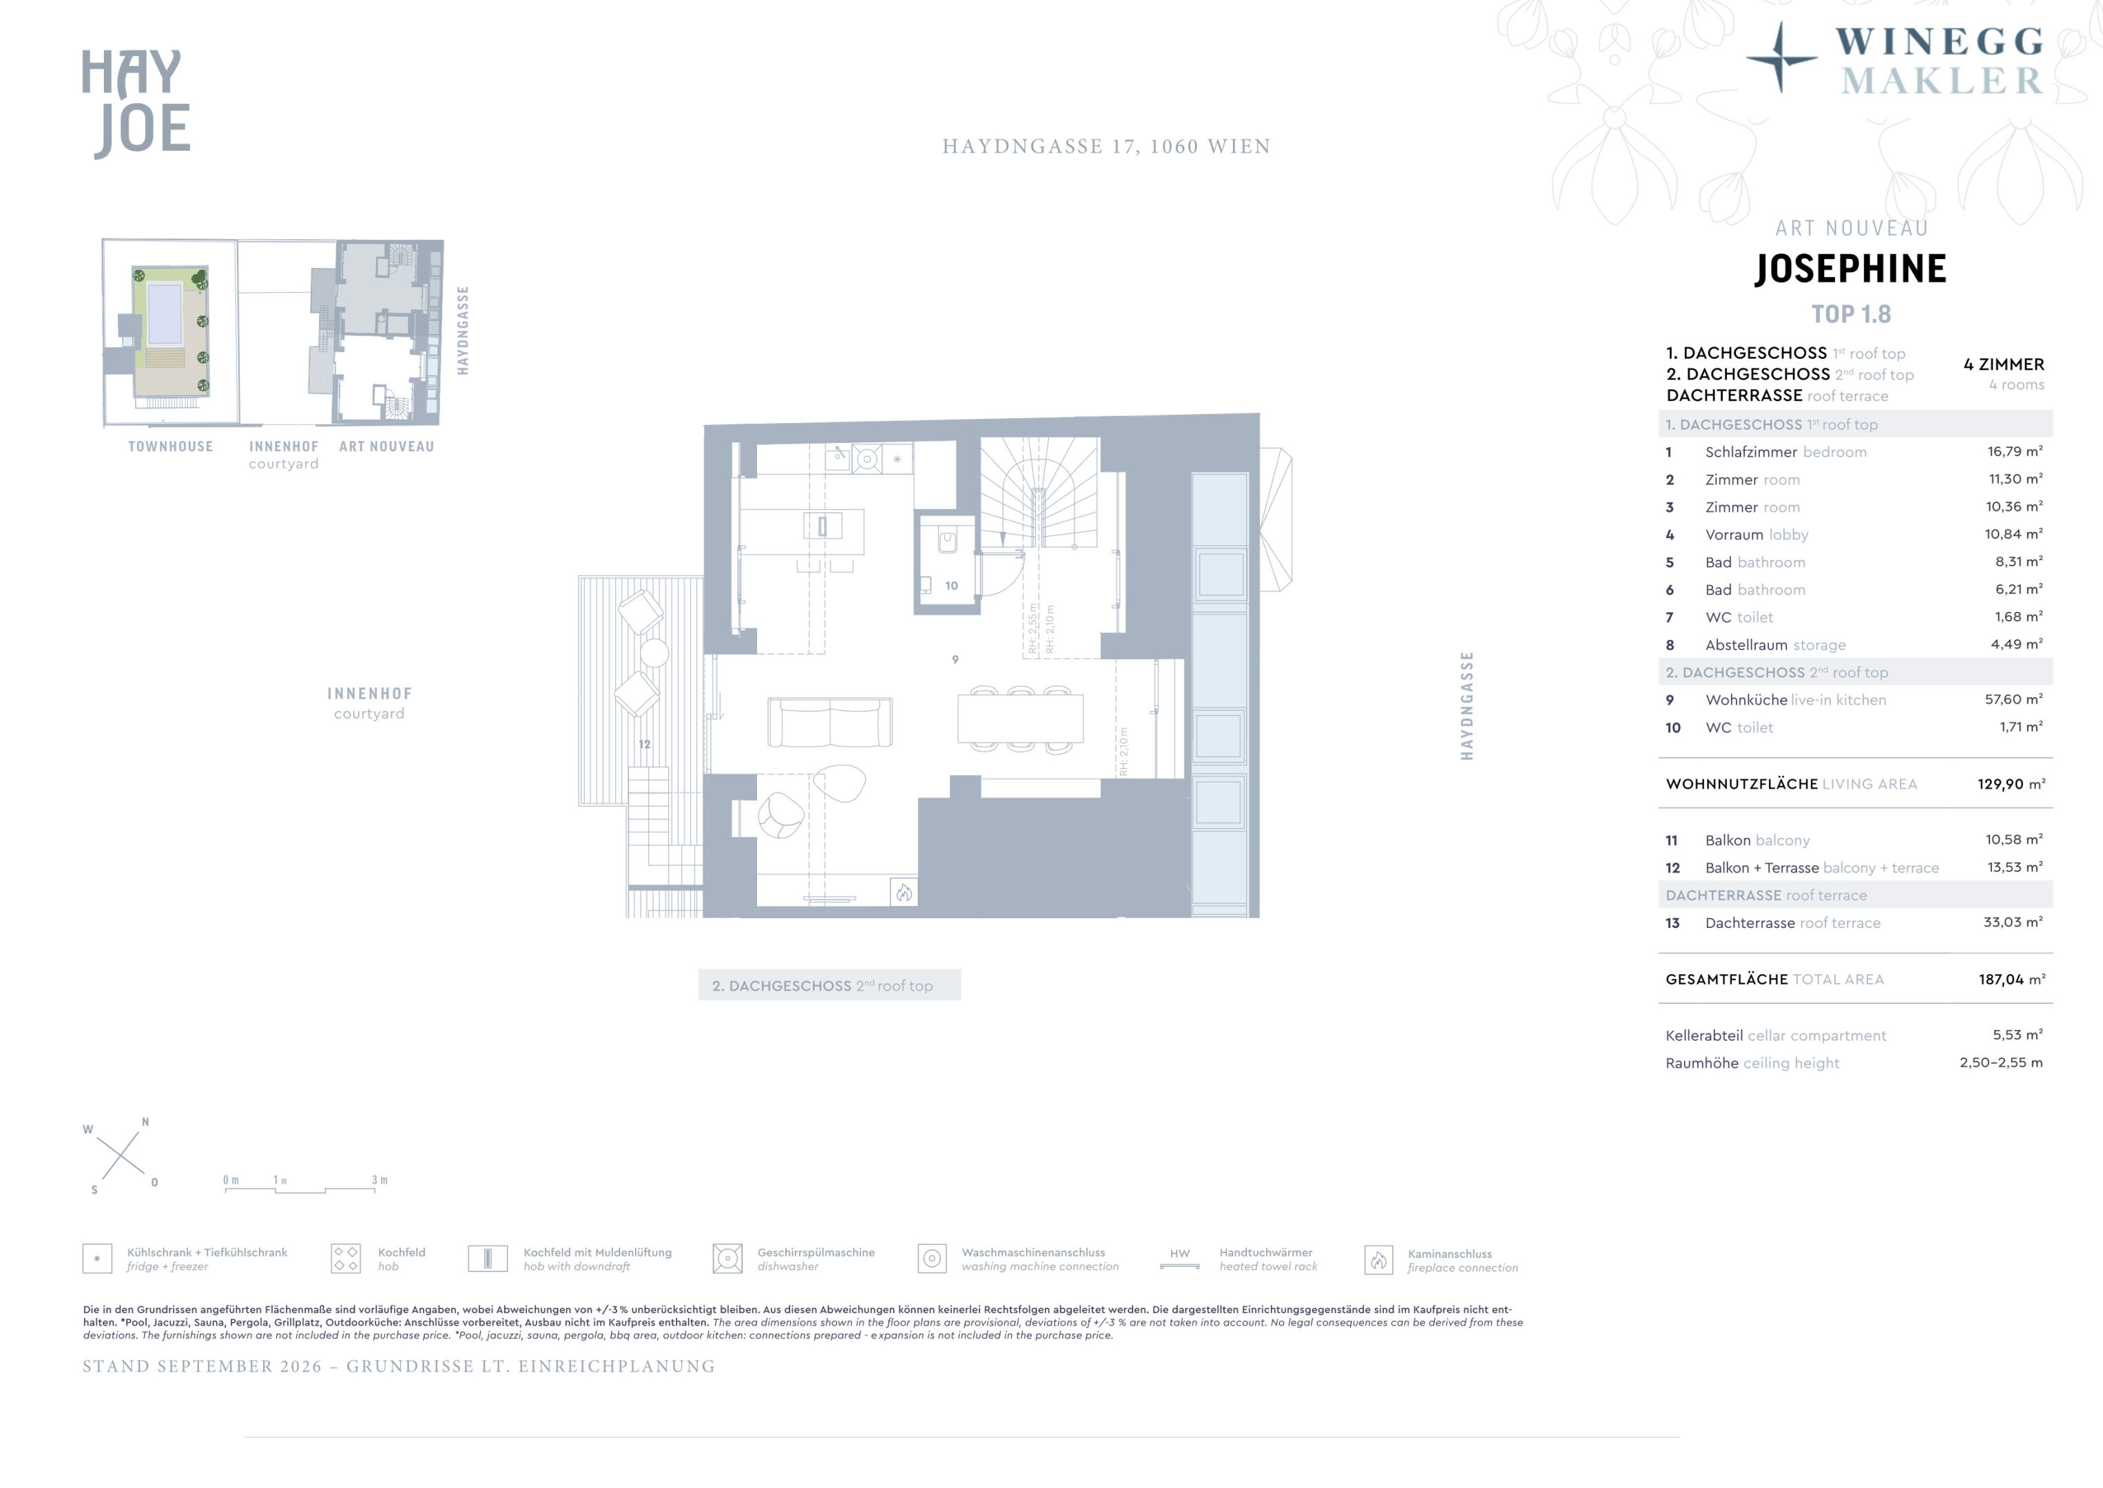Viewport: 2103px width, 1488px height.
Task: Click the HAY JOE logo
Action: (x=136, y=103)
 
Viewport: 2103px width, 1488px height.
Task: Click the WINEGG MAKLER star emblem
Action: (x=1781, y=58)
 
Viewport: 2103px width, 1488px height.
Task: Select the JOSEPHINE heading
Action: (x=1850, y=269)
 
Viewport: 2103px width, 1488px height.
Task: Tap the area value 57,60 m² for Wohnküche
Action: (x=2013, y=699)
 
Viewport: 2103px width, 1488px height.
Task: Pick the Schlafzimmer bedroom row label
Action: (x=1785, y=452)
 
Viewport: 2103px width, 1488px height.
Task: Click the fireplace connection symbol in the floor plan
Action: (x=904, y=892)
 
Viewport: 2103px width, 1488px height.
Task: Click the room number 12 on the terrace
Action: (x=645, y=744)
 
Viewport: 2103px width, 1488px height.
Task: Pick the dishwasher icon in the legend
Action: (x=727, y=1259)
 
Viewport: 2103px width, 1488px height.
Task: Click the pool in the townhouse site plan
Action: (x=165, y=311)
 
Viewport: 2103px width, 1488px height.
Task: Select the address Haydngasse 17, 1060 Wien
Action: (x=1106, y=147)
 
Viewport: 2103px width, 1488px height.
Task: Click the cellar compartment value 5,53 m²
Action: (x=2018, y=1035)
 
